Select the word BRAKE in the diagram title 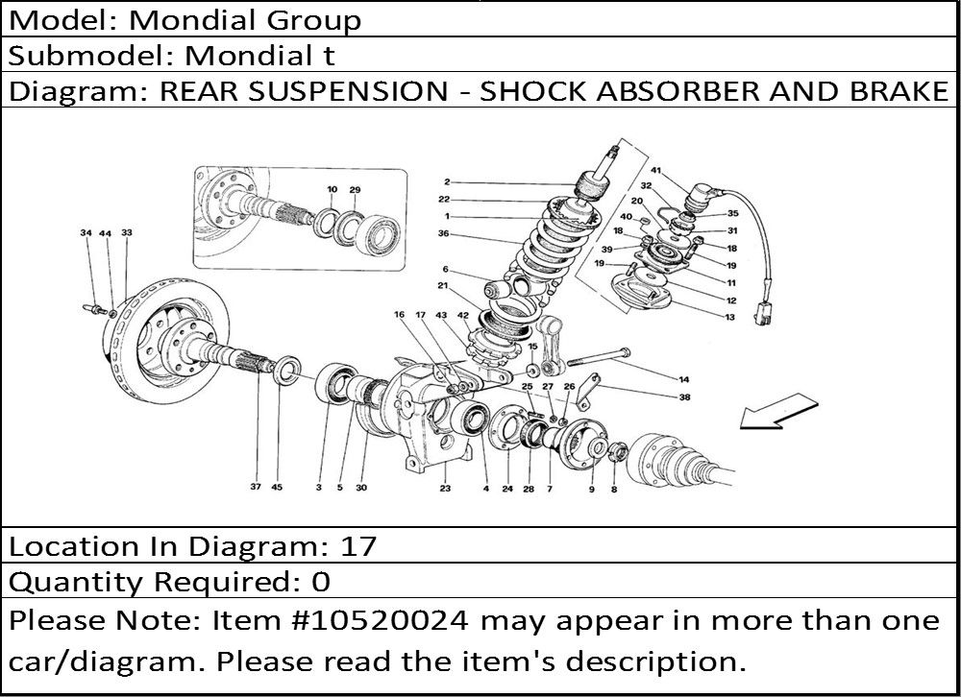(899, 91)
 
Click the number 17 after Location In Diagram (357, 546)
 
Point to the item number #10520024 (383, 621)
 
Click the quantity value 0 (321, 582)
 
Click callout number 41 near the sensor (656, 170)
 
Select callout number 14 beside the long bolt (684, 380)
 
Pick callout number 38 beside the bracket (684, 397)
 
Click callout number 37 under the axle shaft (256, 487)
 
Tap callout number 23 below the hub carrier (445, 488)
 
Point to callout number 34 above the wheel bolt (86, 232)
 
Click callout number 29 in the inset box (355, 190)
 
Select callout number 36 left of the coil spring (444, 233)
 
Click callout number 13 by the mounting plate (729, 317)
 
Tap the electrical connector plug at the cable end (764, 312)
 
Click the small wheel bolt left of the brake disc (94, 308)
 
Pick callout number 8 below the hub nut (613, 489)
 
